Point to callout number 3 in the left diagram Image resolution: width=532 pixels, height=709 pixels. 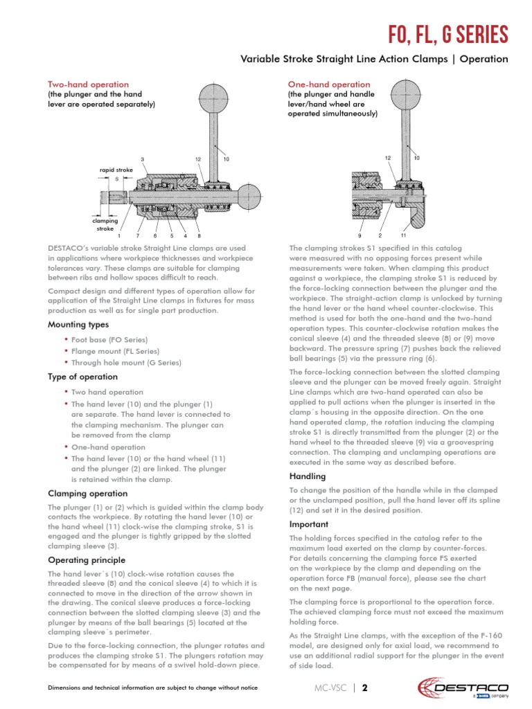pyautogui.click(x=143, y=159)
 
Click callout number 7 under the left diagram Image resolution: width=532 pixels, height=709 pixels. pyautogui.click(x=138, y=236)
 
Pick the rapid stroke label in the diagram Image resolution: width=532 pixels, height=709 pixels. pyautogui.click(x=116, y=168)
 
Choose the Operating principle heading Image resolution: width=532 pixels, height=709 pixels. pyautogui.click(x=86, y=559)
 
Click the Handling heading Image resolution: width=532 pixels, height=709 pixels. pyautogui.click(x=307, y=476)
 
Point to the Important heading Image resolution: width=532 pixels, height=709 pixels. pyautogui.click(x=308, y=524)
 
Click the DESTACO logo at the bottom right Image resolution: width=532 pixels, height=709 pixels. pyautogui.click(x=463, y=688)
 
